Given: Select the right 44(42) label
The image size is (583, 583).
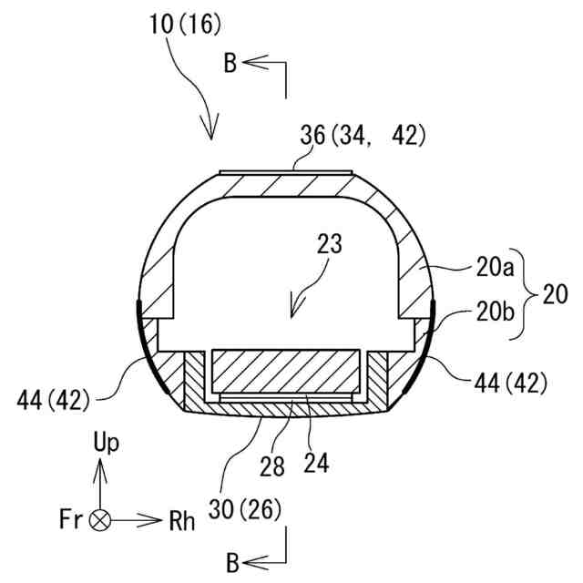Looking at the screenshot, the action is click(509, 384).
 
